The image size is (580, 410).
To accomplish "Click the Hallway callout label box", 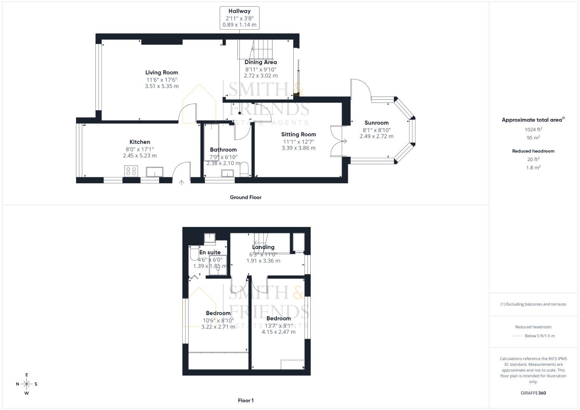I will point(239,18).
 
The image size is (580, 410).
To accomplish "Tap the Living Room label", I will point(161,73).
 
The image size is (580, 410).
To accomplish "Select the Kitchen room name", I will point(139,142).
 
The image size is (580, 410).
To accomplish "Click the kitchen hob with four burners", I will point(131,171).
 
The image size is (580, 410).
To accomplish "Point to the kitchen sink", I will point(154,172).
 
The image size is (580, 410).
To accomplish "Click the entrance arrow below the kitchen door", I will point(182,183).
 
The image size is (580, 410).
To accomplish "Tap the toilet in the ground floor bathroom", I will point(244,170).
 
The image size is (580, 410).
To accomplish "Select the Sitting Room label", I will point(299,134).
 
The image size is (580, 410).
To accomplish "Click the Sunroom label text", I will point(376,123).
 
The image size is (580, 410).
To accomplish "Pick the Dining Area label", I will point(261,62).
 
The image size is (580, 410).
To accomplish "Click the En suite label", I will point(210,252).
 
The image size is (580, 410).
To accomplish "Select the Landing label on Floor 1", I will point(263,247).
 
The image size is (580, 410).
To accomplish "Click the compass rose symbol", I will point(27,384).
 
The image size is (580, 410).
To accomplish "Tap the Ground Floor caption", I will point(245,197).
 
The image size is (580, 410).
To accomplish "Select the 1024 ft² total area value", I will point(533,129).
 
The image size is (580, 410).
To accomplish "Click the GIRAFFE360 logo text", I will point(533,393).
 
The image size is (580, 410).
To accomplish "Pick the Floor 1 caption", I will point(245,401).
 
